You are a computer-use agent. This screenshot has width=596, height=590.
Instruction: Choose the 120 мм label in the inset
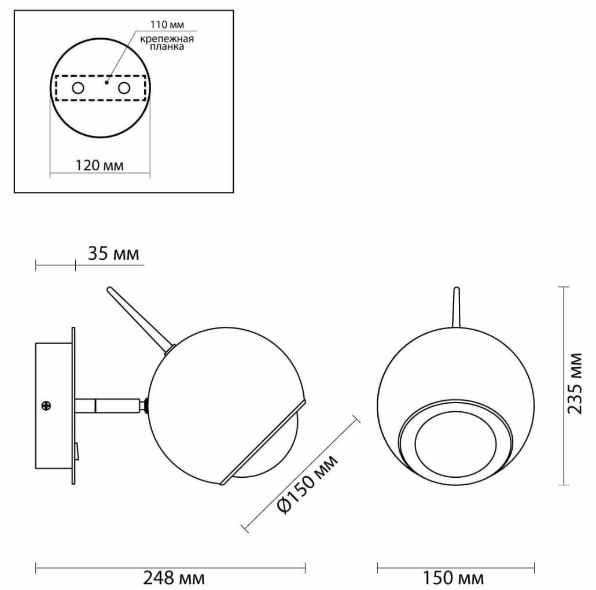click(x=100, y=165)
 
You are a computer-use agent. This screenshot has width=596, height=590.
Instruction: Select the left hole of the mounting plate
click(x=77, y=88)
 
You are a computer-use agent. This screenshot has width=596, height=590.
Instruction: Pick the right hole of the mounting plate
click(x=123, y=88)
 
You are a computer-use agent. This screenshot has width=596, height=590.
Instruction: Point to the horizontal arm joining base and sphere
click(x=110, y=405)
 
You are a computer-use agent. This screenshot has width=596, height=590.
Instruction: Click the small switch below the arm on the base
click(x=76, y=449)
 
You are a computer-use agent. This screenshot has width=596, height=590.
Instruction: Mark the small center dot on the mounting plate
click(x=106, y=83)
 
